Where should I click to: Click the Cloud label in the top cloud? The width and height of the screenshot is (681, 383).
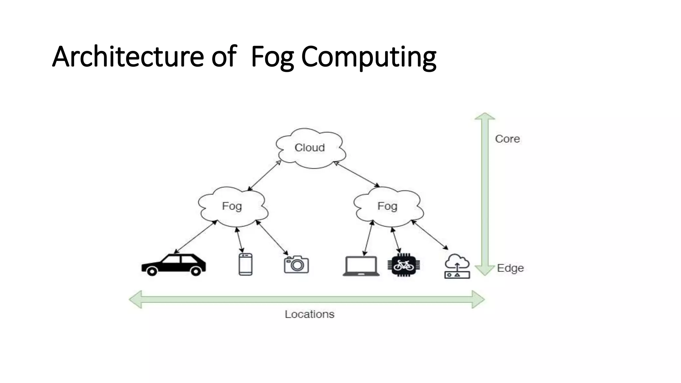pyautogui.click(x=310, y=148)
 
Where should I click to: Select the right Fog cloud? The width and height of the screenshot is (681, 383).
pyautogui.click(x=388, y=206)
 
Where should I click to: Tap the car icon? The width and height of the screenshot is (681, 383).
pyautogui.click(x=174, y=265)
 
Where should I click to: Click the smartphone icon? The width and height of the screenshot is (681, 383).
pyautogui.click(x=245, y=264)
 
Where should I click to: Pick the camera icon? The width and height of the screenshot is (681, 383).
pyautogui.click(x=296, y=265)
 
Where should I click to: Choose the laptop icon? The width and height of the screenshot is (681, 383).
pyautogui.click(x=361, y=266)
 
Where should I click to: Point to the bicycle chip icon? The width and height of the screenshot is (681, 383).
pyautogui.click(x=404, y=265)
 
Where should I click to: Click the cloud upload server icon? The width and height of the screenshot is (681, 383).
pyautogui.click(x=457, y=266)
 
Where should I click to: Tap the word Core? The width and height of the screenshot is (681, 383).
pyautogui.click(x=507, y=139)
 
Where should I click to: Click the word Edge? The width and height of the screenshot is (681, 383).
pyautogui.click(x=510, y=268)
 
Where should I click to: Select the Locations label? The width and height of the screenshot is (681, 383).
pyautogui.click(x=309, y=314)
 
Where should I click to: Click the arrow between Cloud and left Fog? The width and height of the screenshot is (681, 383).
pyautogui.click(x=265, y=176)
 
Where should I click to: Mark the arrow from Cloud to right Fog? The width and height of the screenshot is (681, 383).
pyautogui.click(x=356, y=174)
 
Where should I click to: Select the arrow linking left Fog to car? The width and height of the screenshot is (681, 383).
pyautogui.click(x=196, y=237)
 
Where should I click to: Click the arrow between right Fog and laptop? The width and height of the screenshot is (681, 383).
pyautogui.click(x=368, y=238)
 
